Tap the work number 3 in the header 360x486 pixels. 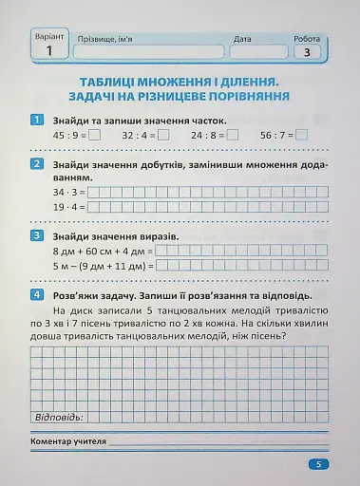307,53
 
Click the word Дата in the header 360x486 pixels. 241,40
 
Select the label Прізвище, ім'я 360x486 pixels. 111,40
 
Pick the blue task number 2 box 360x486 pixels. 36,163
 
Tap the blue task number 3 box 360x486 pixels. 36,234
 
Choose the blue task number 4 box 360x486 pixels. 36,294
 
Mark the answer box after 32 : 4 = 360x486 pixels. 164,135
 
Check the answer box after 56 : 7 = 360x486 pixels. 302,135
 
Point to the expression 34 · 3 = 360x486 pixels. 70,192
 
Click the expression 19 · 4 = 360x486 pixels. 70,206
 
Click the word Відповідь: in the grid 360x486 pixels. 59,417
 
